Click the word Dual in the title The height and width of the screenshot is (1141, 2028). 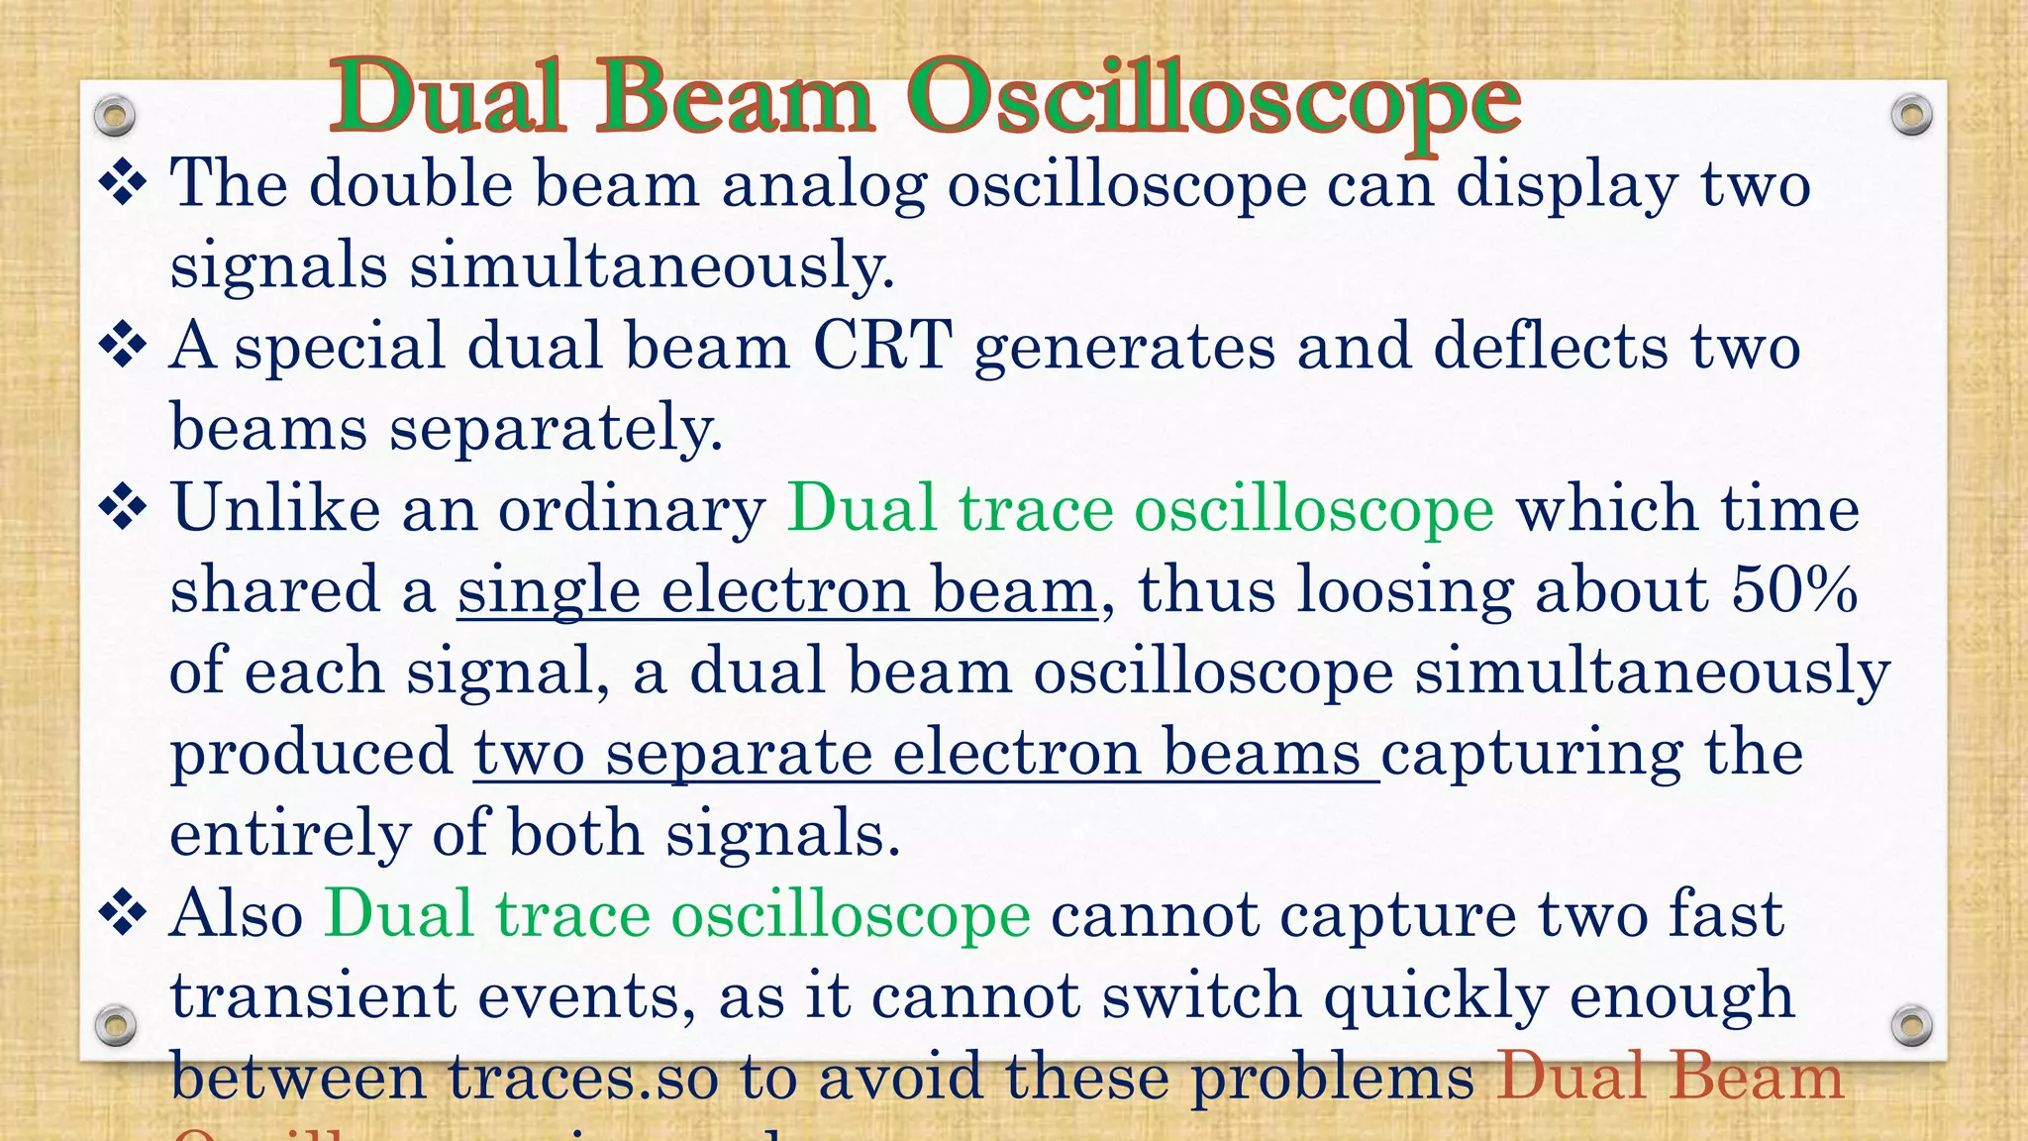(450, 97)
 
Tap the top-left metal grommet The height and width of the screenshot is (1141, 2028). (115, 116)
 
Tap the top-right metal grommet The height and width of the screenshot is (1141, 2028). (1911, 116)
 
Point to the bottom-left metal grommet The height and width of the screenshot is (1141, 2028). (115, 1025)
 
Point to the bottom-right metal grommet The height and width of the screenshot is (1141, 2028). (1911, 1025)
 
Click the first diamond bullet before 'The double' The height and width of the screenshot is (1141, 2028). (124, 184)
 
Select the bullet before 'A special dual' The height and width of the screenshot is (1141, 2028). (124, 347)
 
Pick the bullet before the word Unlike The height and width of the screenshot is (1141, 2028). (124, 509)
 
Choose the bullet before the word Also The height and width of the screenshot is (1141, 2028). (124, 913)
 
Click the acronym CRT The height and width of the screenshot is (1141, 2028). (882, 347)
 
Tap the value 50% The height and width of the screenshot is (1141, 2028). (1794, 590)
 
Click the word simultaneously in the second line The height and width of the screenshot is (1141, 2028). (652, 265)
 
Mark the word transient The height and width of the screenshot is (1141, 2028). (313, 996)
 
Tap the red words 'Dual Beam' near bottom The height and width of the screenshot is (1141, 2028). (1670, 1078)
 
